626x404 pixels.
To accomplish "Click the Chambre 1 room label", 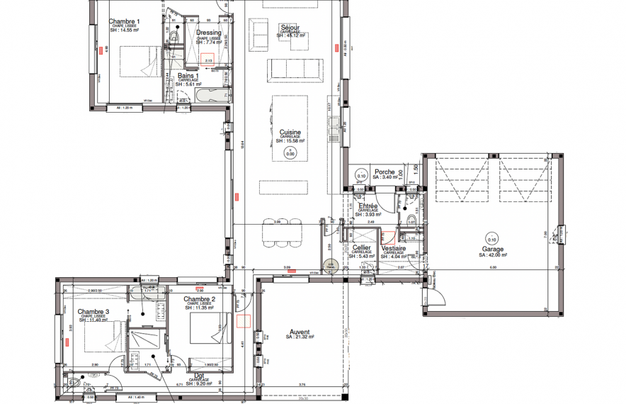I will [x=124, y=22].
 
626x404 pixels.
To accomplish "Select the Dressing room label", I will [x=208, y=33].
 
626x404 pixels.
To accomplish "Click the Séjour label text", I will [x=290, y=27].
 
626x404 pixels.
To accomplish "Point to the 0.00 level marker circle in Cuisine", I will [x=290, y=152].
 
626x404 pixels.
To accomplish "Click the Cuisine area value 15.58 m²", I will [x=290, y=141].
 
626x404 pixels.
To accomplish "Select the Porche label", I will [x=385, y=172].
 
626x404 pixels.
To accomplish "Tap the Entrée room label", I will [x=368, y=206].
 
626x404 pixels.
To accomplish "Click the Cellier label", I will [x=362, y=248].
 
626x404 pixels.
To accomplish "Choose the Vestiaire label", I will [x=393, y=248].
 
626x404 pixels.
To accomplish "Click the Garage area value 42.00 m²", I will [x=493, y=256].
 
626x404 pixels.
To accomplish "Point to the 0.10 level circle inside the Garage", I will [x=491, y=238].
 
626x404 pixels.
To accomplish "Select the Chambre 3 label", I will [x=93, y=312].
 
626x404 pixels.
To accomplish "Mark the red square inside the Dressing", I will [x=209, y=60].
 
